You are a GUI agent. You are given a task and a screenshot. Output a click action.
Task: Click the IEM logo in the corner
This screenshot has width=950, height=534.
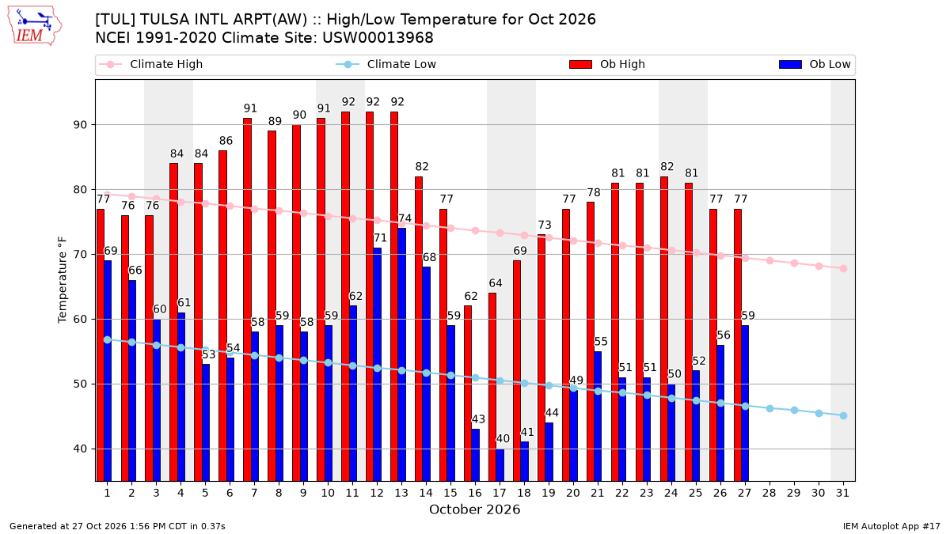pyautogui.click(x=35, y=25)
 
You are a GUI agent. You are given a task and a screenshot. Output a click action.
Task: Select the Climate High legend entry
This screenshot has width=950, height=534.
pyautogui.click(x=150, y=64)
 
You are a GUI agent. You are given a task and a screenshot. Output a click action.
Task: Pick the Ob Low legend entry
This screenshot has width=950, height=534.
pyautogui.click(x=815, y=64)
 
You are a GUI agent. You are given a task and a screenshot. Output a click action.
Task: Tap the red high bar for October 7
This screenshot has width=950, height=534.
pyautogui.click(x=247, y=300)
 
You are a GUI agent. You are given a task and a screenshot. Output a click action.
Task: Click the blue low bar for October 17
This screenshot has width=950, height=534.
pyautogui.click(x=500, y=465)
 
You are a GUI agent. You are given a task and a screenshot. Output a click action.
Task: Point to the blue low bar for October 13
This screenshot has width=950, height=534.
pyautogui.click(x=401, y=354)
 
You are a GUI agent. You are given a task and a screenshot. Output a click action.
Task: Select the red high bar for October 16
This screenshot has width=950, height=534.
pyautogui.click(x=468, y=393)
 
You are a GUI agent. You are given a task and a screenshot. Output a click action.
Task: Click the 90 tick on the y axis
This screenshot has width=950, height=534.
pyautogui.click(x=81, y=125)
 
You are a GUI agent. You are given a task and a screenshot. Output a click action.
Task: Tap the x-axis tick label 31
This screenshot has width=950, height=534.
pyautogui.click(x=842, y=493)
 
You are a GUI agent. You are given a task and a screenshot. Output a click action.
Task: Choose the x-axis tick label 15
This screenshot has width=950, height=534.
pyautogui.click(x=450, y=493)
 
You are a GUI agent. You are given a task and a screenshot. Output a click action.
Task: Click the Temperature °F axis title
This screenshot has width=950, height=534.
pyautogui.click(x=63, y=280)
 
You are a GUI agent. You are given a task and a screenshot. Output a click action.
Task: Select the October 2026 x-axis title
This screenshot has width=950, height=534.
pyautogui.click(x=474, y=509)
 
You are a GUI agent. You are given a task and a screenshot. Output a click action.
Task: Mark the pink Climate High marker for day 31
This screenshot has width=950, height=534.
pyautogui.click(x=844, y=269)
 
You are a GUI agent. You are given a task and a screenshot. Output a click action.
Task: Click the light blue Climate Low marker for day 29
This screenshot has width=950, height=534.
pyautogui.click(x=794, y=411)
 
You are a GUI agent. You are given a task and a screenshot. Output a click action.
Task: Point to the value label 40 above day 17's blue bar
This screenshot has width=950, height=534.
pyautogui.click(x=503, y=438)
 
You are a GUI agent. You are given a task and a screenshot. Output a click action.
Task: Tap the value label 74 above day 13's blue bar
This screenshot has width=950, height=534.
pyautogui.click(x=405, y=218)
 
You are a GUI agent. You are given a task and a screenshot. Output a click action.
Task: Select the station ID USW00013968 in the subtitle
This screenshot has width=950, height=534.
pyautogui.click(x=378, y=38)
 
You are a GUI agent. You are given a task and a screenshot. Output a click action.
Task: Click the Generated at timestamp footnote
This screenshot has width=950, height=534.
pyautogui.click(x=117, y=526)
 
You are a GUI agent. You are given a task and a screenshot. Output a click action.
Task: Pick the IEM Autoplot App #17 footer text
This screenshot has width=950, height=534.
pyautogui.click(x=891, y=526)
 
